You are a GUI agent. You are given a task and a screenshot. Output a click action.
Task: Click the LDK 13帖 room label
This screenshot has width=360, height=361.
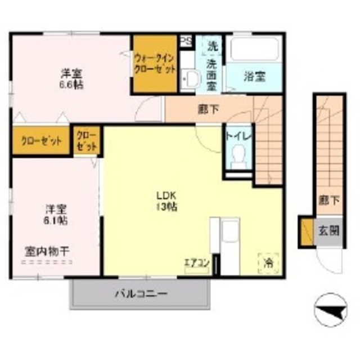pyautogui.click(x=167, y=201)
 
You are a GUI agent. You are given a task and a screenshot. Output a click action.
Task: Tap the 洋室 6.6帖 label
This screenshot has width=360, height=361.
pyautogui.click(x=71, y=78)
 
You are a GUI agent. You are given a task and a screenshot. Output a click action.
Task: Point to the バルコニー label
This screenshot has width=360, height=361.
pyautogui.click(x=141, y=294)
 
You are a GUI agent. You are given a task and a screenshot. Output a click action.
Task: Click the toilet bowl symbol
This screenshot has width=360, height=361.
pyautogui.click(x=238, y=155)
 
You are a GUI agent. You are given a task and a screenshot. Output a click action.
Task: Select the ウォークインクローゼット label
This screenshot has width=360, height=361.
pyautogui.click(x=155, y=63)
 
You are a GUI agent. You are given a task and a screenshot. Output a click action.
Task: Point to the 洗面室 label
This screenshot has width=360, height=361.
pyautogui.click(x=213, y=75)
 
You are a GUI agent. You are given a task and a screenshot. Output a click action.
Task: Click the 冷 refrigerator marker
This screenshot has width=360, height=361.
pyautogui.click(x=268, y=262)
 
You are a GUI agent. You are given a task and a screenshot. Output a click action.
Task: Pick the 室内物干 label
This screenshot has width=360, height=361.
pyautogui.click(x=47, y=251)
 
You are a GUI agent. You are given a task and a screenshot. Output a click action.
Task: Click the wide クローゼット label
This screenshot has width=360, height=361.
pyautogui.click(x=40, y=141)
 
